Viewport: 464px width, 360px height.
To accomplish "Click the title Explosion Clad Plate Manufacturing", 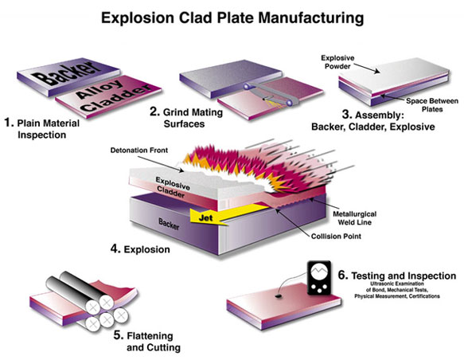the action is pyautogui.click(x=232, y=18).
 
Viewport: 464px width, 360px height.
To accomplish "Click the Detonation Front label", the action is pyautogui.click(x=139, y=151).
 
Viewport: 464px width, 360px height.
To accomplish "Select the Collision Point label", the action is pyautogui.click(x=336, y=237).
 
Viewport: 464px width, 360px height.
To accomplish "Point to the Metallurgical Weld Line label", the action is pyautogui.click(x=354, y=218).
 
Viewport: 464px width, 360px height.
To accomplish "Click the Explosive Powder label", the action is pyautogui.click(x=337, y=62).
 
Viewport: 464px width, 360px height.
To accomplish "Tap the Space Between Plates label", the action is pyautogui.click(x=432, y=105).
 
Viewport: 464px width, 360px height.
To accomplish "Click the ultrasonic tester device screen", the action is pyautogui.click(x=318, y=272).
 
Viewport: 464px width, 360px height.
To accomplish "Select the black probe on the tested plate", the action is pyautogui.click(x=278, y=295).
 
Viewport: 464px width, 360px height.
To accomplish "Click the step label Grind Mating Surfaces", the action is pyautogui.click(x=186, y=118).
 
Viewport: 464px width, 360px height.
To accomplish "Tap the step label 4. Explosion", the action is pyautogui.click(x=140, y=249).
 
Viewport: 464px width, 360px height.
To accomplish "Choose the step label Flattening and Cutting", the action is pyautogui.click(x=147, y=342).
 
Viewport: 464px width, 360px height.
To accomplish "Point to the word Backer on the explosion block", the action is pyautogui.click(x=169, y=224).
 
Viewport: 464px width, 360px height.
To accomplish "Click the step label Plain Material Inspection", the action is pyautogui.click(x=42, y=129).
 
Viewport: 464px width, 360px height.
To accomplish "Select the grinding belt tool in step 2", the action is pyautogui.click(x=267, y=94).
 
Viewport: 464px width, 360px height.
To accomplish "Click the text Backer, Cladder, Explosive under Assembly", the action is pyautogui.click(x=373, y=127).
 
